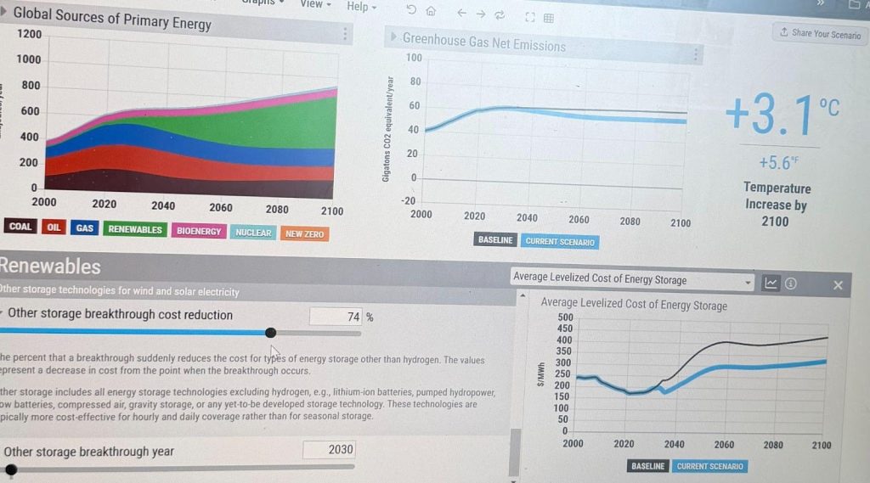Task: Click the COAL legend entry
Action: click(20, 227)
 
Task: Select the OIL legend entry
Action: click(54, 227)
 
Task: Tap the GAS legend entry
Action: click(85, 228)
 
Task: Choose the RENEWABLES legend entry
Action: click(135, 230)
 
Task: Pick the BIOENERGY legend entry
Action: click(199, 231)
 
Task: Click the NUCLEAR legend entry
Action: click(253, 233)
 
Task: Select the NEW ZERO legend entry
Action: click(304, 233)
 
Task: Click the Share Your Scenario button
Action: click(820, 34)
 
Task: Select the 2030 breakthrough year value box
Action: click(329, 449)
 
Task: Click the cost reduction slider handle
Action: click(270, 333)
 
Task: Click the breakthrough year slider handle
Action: click(11, 468)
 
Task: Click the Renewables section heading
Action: click(51, 266)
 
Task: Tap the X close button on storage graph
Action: click(838, 285)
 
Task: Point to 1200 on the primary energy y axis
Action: click(29, 34)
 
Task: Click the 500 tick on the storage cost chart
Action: click(565, 317)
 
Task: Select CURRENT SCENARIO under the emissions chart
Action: click(560, 242)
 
